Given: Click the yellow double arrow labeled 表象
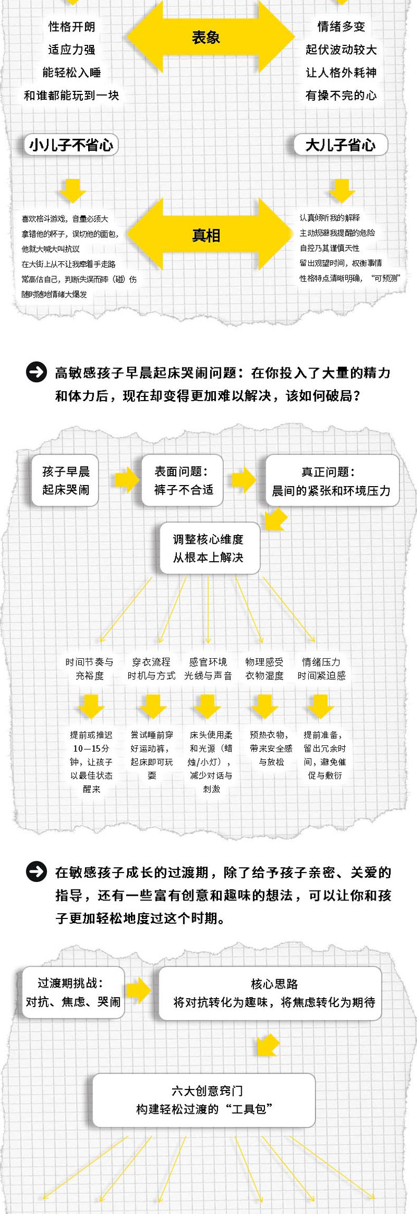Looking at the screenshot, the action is [x=206, y=37].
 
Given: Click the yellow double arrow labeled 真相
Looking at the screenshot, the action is [x=206, y=235].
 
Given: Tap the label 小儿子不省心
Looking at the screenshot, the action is [x=71, y=145].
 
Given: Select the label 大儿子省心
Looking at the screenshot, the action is [x=340, y=145].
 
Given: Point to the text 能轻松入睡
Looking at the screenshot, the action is [x=72, y=72].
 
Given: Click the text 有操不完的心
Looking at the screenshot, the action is [x=341, y=96].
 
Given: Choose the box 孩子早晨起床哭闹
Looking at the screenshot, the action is [x=65, y=480].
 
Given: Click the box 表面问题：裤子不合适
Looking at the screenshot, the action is [x=183, y=480].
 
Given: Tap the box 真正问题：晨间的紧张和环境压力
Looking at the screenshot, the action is [x=331, y=481].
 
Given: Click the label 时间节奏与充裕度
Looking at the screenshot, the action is [x=90, y=669].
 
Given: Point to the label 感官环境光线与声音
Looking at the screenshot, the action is [x=208, y=669].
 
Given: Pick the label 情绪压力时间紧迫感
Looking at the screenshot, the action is [x=321, y=669].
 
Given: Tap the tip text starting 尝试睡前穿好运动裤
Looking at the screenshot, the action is [x=152, y=755].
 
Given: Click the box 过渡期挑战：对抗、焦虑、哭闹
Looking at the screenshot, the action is [x=73, y=992].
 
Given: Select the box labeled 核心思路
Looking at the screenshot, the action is [x=274, y=993].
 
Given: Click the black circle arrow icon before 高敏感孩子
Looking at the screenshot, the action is [x=36, y=373].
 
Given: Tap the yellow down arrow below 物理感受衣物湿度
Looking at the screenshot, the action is [x=265, y=706].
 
